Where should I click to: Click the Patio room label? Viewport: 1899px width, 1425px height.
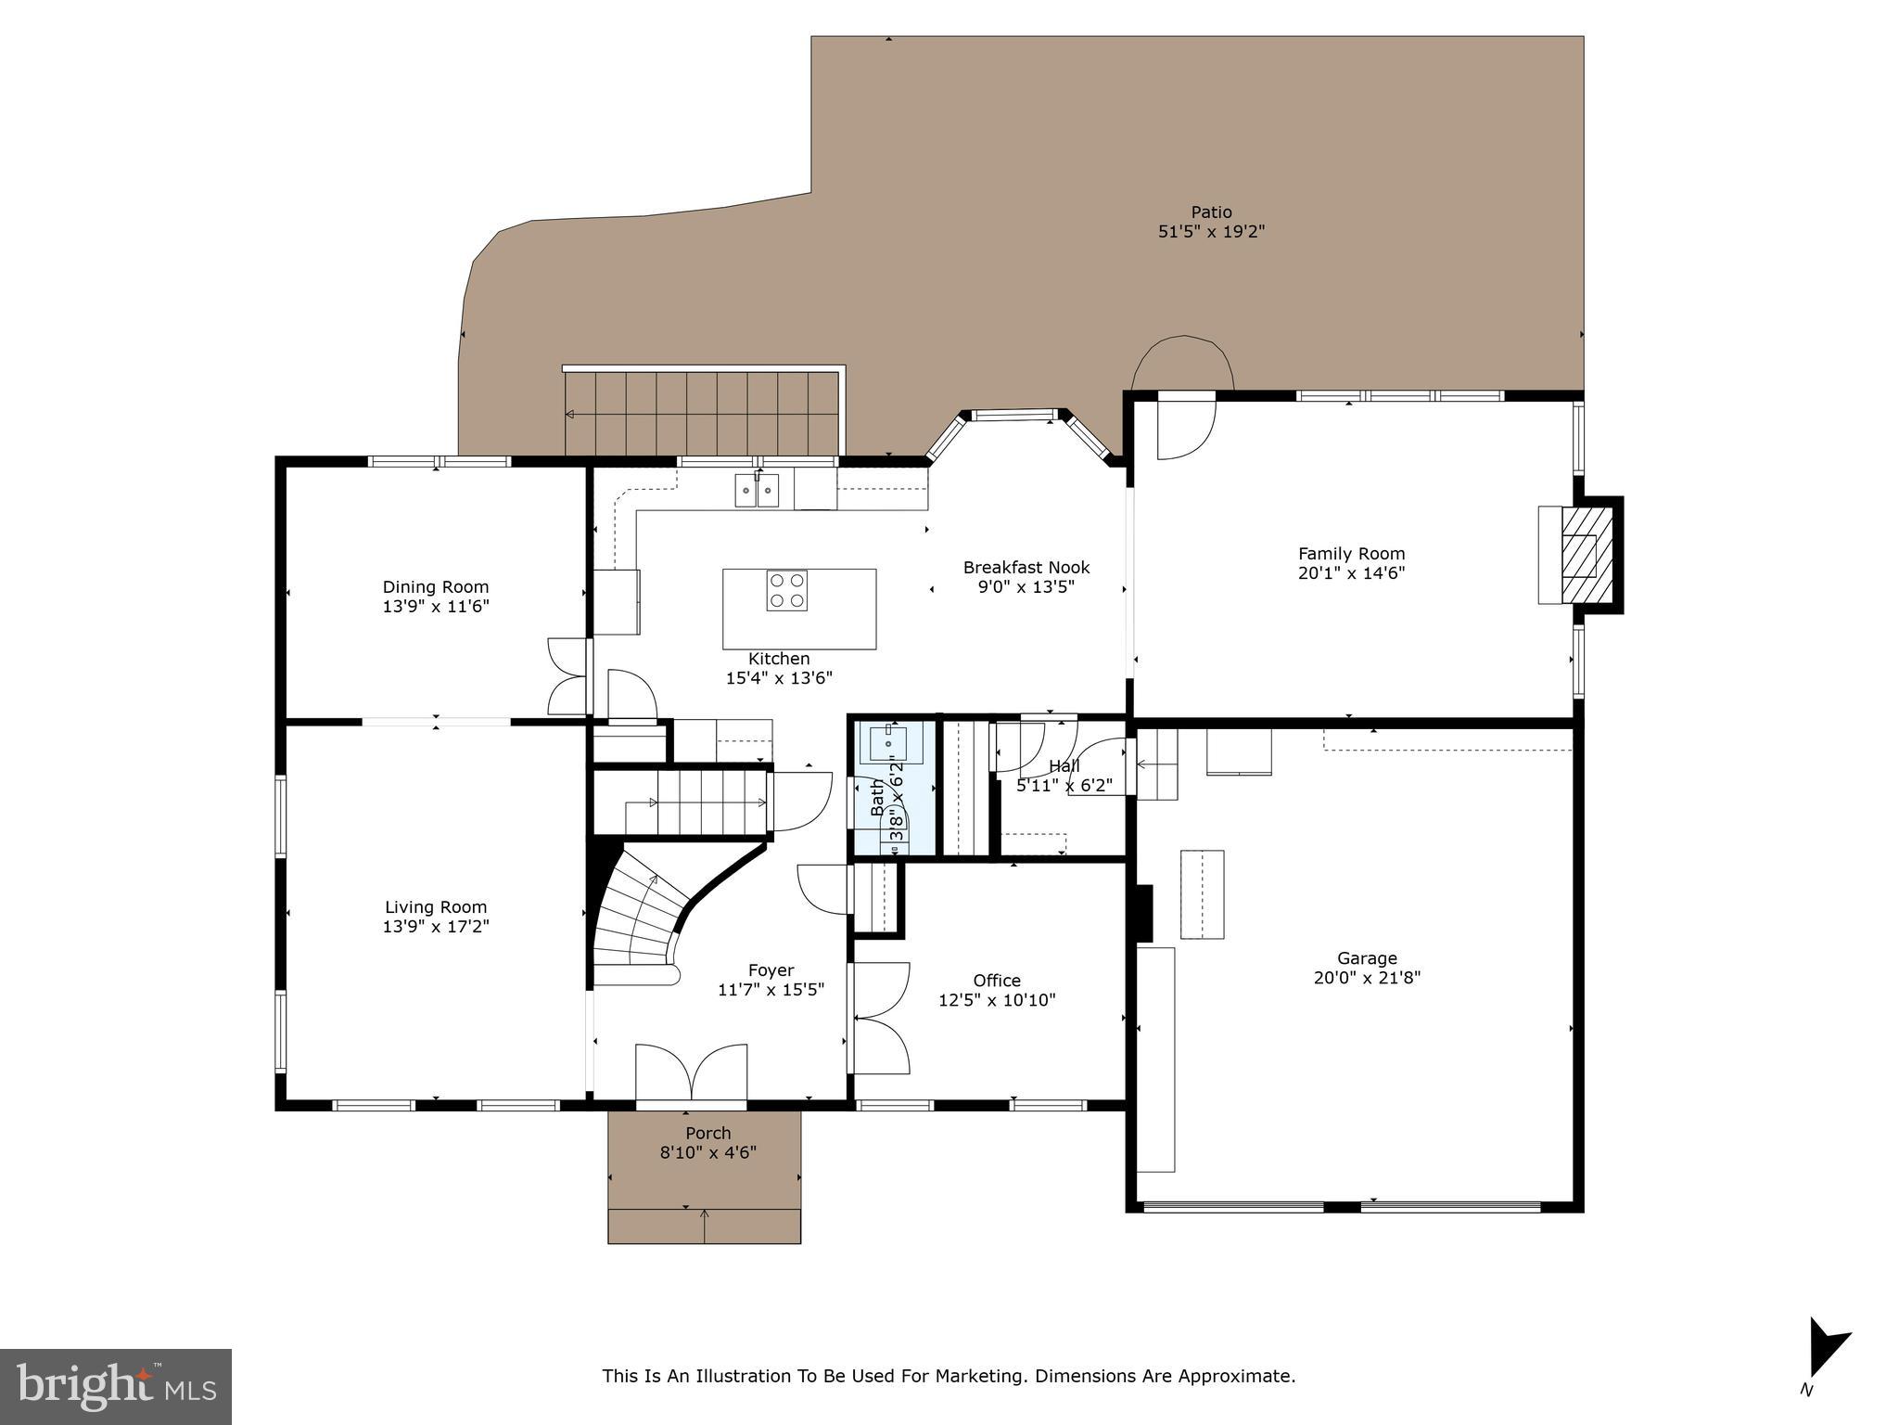click(1211, 212)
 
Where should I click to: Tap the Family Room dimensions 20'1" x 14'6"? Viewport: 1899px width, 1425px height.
click(1351, 573)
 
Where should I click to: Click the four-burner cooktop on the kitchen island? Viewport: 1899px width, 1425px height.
click(786, 591)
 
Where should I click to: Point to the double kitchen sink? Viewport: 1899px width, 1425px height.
click(758, 490)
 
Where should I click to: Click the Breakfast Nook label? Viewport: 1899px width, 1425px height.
click(1026, 567)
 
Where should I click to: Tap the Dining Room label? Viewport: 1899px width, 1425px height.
click(435, 586)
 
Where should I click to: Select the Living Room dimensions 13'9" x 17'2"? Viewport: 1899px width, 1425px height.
click(436, 926)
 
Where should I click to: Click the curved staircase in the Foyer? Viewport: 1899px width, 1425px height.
click(640, 918)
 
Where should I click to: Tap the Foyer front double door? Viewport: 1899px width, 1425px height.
click(691, 1076)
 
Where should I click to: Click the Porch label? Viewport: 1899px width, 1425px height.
click(707, 1133)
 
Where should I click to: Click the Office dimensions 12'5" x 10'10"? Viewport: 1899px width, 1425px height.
click(997, 1000)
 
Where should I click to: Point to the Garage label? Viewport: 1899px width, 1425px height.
click(1367, 958)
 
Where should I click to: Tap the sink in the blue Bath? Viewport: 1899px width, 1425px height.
click(888, 744)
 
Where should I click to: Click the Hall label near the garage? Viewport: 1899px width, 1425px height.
click(1064, 766)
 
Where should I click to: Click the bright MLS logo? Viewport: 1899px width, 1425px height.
click(116, 1386)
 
